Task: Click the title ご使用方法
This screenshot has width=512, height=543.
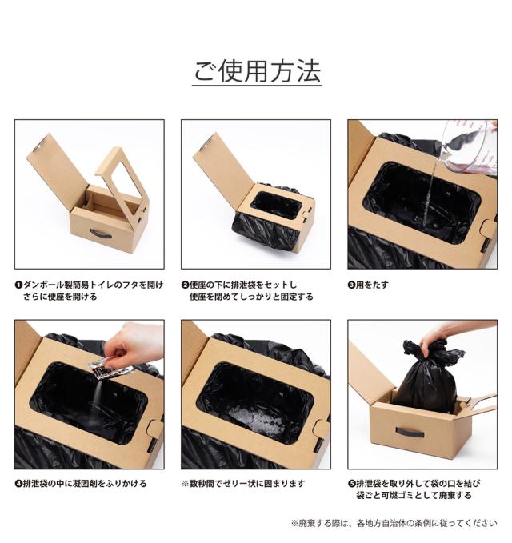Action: click(256, 71)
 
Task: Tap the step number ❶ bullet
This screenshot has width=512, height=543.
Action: click(18, 285)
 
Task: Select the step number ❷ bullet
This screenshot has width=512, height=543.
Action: click(185, 285)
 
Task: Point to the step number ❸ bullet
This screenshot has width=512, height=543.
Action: click(351, 285)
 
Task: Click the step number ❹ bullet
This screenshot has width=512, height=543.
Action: click(18, 484)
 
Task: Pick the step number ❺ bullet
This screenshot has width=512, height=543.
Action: click(351, 484)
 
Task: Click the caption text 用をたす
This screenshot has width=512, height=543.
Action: click(374, 285)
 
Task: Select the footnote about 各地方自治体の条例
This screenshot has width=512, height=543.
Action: click(394, 522)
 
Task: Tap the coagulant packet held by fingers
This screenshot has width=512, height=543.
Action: click(109, 367)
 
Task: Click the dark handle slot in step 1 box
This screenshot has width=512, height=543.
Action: click(101, 234)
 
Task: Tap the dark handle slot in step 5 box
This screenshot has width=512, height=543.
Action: click(410, 433)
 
